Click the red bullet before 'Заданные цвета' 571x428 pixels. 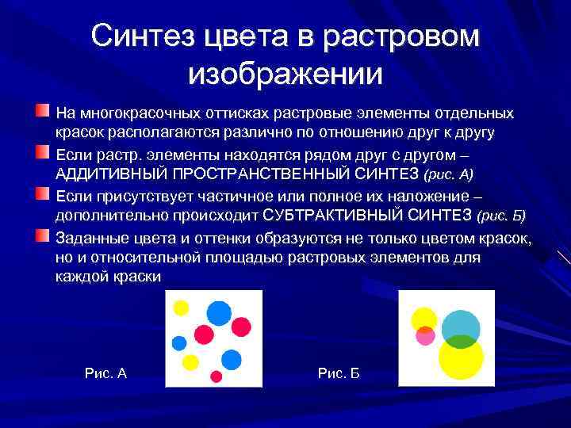pyautogui.click(x=42, y=235)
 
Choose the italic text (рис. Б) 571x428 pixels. pyautogui.click(x=502, y=216)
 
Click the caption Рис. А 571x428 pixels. pyautogui.click(x=105, y=373)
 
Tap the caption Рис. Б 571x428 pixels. pyautogui.click(x=339, y=373)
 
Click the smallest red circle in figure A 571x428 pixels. pyautogui.click(x=215, y=376)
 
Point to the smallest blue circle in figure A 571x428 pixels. pyautogui.click(x=179, y=343)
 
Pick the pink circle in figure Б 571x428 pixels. pyautogui.click(x=426, y=335)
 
